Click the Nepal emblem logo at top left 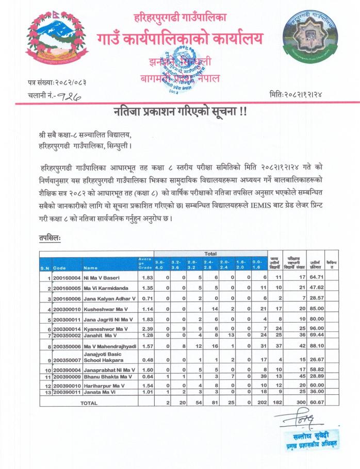click(x=50, y=40)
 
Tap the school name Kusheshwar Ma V click(x=106, y=309)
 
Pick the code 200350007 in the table click(x=67, y=359)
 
